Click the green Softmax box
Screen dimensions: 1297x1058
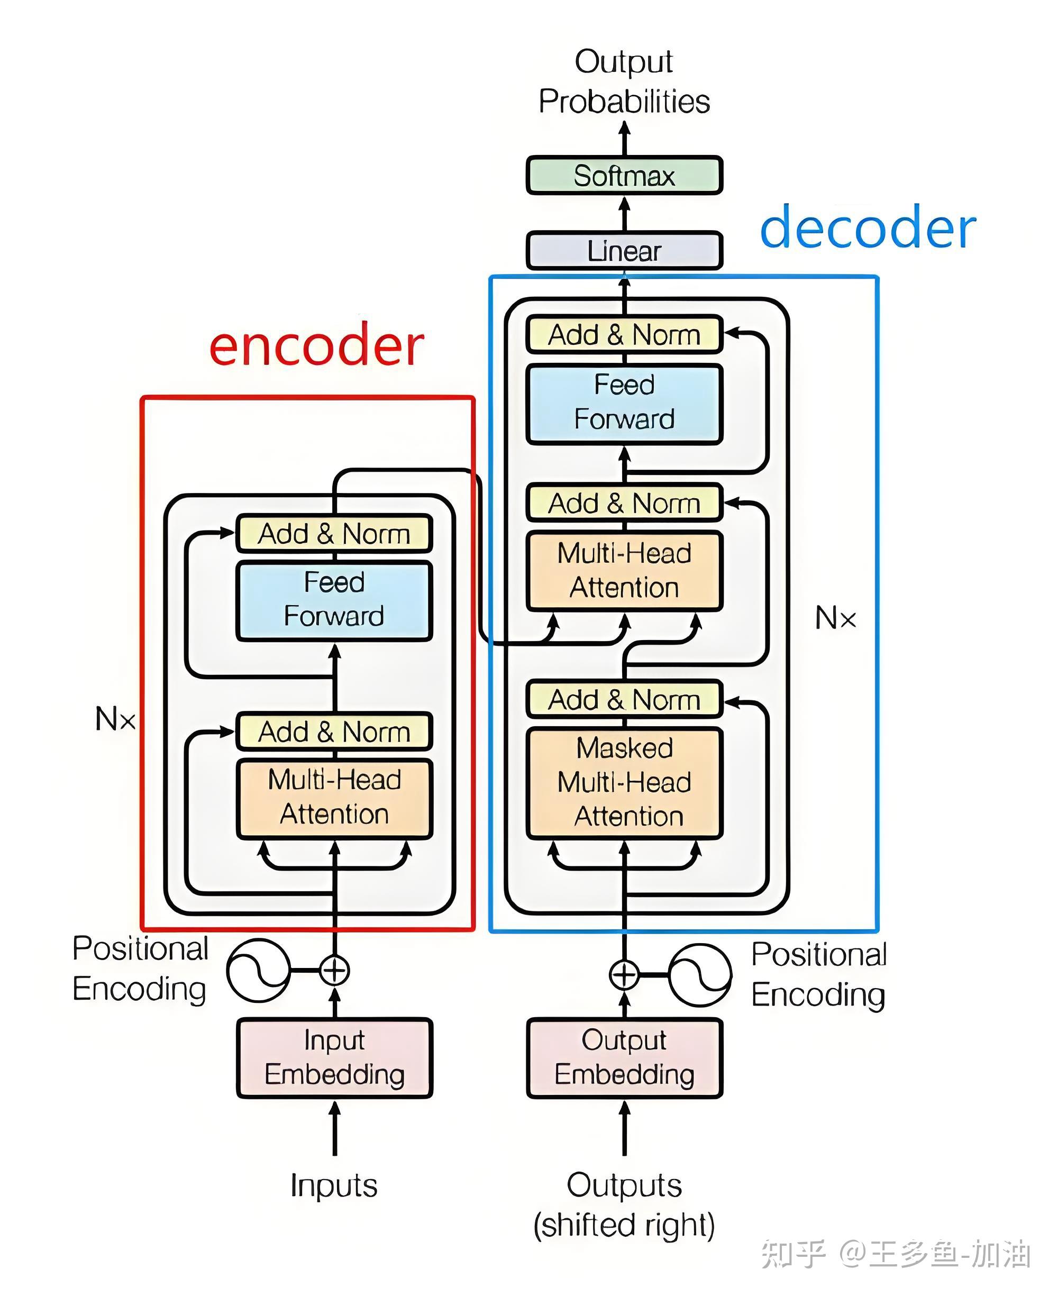pos(624,176)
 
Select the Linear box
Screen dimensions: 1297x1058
pos(624,251)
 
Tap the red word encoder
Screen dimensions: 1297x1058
pos(316,345)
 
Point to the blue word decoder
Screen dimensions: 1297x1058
pos(868,228)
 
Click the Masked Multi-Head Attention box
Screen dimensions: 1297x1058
pos(624,782)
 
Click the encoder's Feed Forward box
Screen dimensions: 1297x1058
pos(334,600)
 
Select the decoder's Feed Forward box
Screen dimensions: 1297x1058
pos(624,403)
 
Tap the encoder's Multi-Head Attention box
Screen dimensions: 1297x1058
pos(334,798)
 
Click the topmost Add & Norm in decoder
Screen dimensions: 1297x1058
pos(624,335)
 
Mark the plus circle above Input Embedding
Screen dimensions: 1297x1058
pos(334,970)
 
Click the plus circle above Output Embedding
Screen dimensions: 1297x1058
pos(624,974)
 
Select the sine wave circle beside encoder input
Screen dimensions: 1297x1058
pos(258,970)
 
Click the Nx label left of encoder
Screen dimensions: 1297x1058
pos(115,719)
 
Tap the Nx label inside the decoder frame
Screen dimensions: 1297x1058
pos(835,618)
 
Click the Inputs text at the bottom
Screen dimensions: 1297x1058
pos(334,1185)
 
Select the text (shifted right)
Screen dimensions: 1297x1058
pos(624,1225)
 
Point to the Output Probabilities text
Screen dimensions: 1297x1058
pos(624,81)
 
